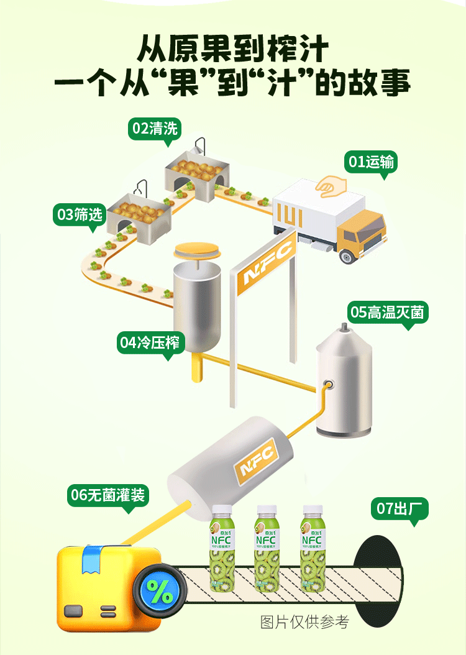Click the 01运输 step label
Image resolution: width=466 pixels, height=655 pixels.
(372, 162)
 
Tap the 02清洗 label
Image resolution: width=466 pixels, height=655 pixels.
(155, 129)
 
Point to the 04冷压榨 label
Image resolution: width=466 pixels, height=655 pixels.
(150, 342)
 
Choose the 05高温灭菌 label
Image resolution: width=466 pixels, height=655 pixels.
(388, 312)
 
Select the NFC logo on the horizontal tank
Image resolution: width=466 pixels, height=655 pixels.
(256, 462)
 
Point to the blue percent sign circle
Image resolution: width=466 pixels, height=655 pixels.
(160, 592)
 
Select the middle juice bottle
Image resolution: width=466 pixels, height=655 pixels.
(267, 547)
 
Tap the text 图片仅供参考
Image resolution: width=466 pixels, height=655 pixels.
(304, 621)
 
